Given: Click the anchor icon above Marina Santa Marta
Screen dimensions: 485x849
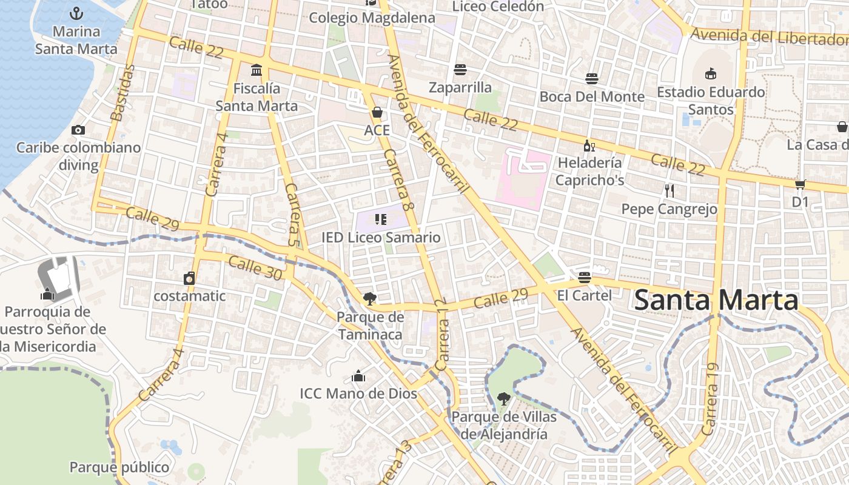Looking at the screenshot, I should (x=76, y=13).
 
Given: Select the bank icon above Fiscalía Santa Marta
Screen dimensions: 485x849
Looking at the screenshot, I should (x=257, y=70).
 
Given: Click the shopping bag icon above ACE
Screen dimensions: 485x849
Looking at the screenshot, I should (x=377, y=113).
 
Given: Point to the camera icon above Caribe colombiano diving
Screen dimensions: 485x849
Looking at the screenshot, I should (x=78, y=130).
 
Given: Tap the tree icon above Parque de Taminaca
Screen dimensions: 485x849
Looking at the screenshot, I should (x=369, y=298).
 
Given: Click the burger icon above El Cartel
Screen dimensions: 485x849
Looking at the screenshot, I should (x=585, y=278).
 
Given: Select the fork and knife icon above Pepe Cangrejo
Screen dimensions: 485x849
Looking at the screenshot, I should (x=669, y=191).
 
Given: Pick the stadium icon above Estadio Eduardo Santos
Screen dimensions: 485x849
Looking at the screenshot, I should (x=711, y=74).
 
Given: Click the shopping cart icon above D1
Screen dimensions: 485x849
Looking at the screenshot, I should (x=800, y=184).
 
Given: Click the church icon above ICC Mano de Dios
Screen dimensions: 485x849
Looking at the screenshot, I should (x=358, y=376).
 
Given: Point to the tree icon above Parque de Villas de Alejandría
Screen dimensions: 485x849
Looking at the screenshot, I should (x=503, y=399).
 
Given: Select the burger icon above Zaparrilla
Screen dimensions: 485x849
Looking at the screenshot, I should (x=460, y=70).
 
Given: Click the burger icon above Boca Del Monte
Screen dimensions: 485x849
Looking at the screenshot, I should (x=592, y=79).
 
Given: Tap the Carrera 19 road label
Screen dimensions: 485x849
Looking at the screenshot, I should (x=710, y=399).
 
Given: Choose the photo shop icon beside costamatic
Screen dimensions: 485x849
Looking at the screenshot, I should (x=190, y=278).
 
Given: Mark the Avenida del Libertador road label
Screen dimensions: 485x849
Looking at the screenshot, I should (x=769, y=37).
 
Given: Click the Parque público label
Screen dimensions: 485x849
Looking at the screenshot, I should (x=119, y=467).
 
